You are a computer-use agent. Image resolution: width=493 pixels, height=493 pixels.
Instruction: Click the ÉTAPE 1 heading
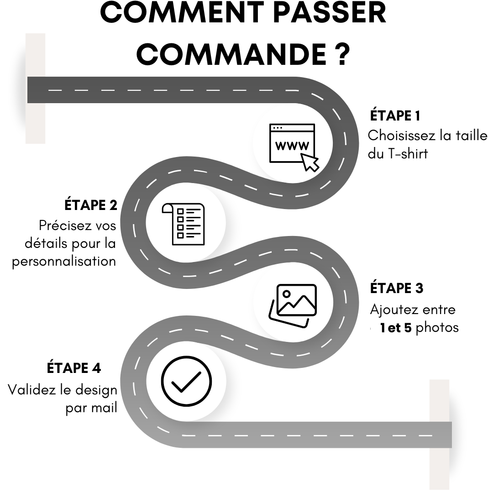click(x=395, y=116)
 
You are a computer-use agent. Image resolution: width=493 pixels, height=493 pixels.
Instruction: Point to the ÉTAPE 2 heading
click(x=91, y=205)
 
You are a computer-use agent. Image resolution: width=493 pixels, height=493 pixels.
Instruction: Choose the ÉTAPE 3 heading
click(x=397, y=288)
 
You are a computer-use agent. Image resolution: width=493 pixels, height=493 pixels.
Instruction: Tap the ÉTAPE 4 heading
click(x=74, y=367)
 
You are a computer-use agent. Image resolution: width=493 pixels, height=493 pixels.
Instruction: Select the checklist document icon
click(x=184, y=224)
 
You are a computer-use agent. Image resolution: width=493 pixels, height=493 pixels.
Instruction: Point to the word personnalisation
click(x=64, y=262)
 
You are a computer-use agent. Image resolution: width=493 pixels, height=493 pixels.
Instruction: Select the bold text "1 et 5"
click(x=395, y=328)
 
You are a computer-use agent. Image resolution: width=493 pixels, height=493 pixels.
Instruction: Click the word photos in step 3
click(x=437, y=328)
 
